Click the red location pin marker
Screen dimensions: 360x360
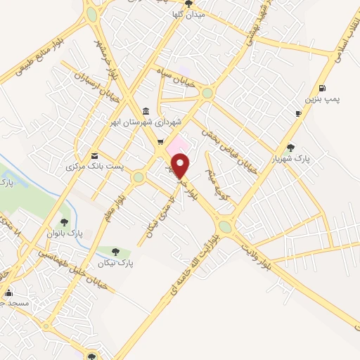tap(181, 166)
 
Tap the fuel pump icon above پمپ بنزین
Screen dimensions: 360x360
tap(322, 87)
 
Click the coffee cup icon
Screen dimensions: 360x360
tap(298, 113)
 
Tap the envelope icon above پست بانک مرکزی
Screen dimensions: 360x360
tap(94, 155)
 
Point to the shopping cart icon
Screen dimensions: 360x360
tap(160, 141)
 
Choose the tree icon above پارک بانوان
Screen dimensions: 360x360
tap(64, 222)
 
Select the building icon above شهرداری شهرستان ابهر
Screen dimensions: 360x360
tap(145, 111)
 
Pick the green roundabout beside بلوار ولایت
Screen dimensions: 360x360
tap(226, 226)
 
